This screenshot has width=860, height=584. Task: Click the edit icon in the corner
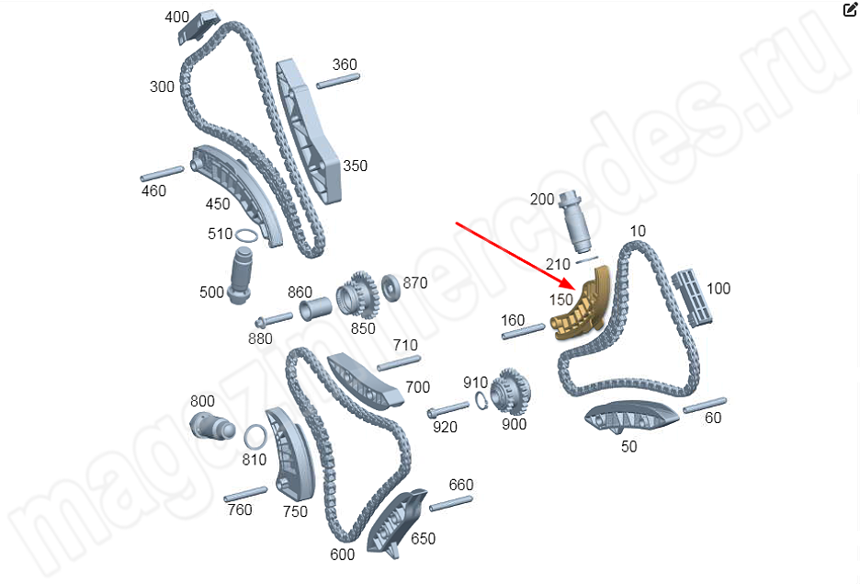tap(850, 9)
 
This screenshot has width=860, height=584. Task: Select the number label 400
tap(176, 17)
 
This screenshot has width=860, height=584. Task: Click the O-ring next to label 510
tap(246, 236)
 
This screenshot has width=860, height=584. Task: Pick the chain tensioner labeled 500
tap(241, 276)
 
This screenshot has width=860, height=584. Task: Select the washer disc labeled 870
tap(391, 287)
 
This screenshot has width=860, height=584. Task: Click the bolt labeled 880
tap(274, 319)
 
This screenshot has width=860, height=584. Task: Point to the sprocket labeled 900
tap(510, 392)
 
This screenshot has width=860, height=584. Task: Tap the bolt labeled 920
tap(448, 409)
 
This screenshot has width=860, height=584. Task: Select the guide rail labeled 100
tap(692, 297)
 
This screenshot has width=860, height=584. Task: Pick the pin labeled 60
tap(705, 405)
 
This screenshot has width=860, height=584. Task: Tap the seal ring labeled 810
tap(255, 438)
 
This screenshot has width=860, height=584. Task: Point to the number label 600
tap(342, 555)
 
